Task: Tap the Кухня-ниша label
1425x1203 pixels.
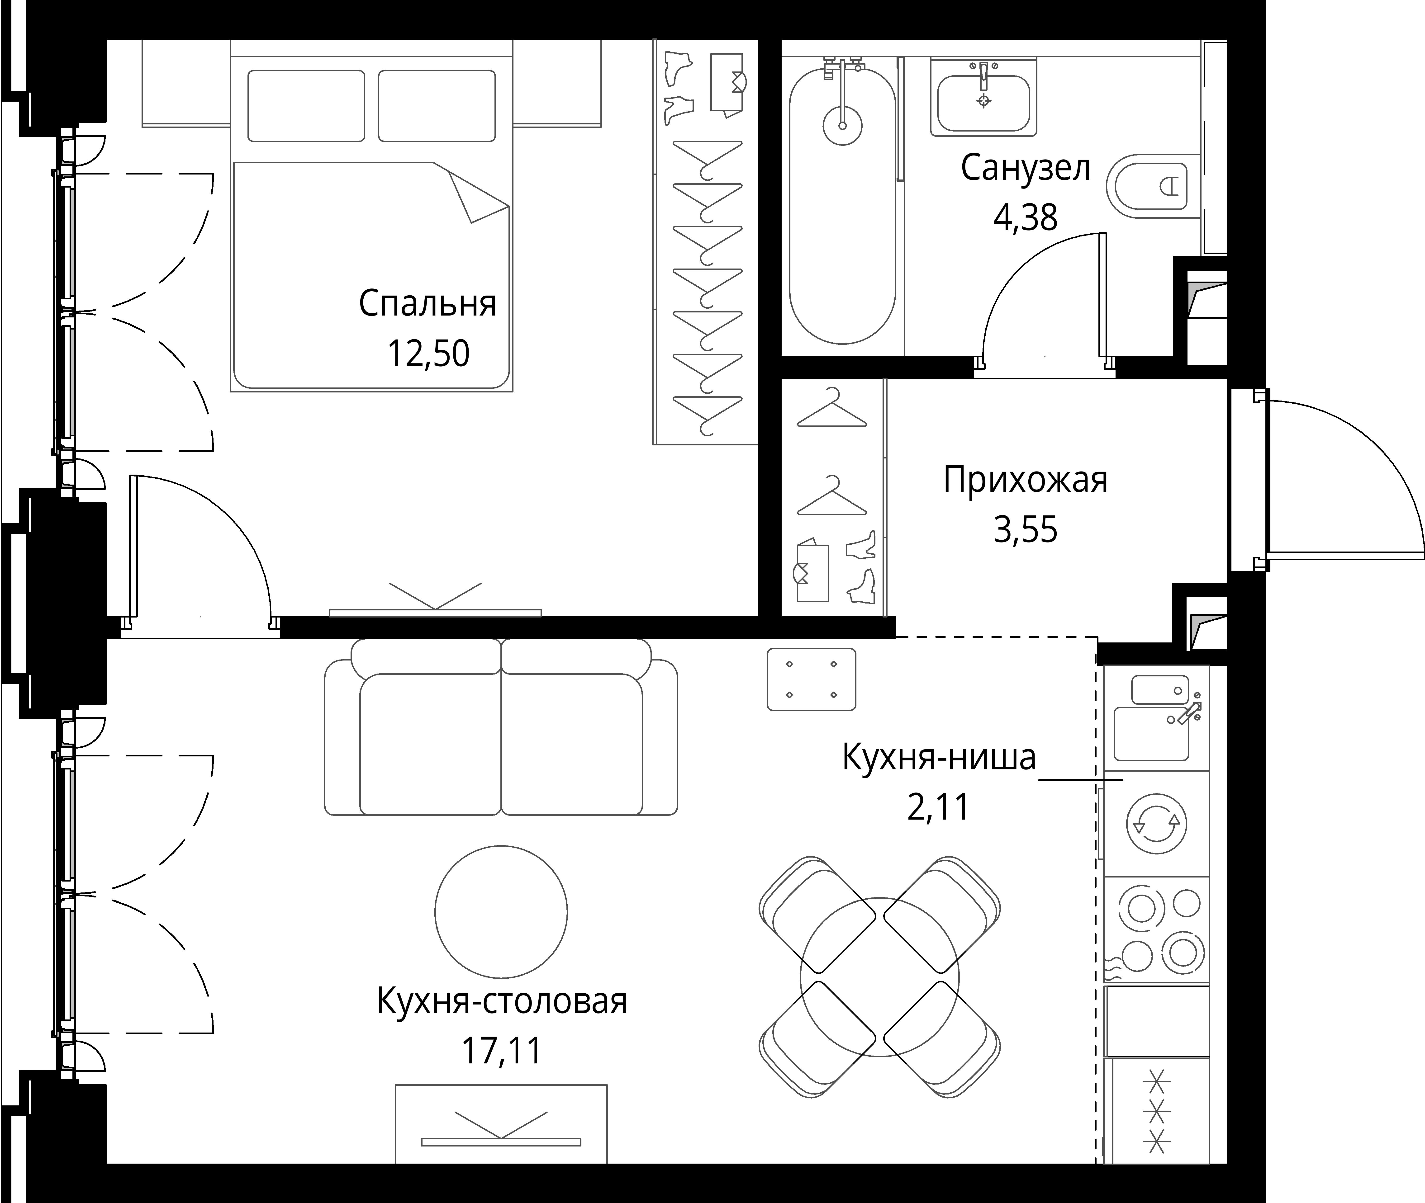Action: pyautogui.click(x=939, y=757)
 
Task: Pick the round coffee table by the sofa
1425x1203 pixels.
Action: pyautogui.click(x=501, y=912)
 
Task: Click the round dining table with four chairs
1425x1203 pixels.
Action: pyautogui.click(x=879, y=977)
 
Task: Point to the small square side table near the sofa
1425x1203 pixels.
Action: pyautogui.click(x=811, y=679)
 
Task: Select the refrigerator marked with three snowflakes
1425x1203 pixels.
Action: pyautogui.click(x=1155, y=1111)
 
